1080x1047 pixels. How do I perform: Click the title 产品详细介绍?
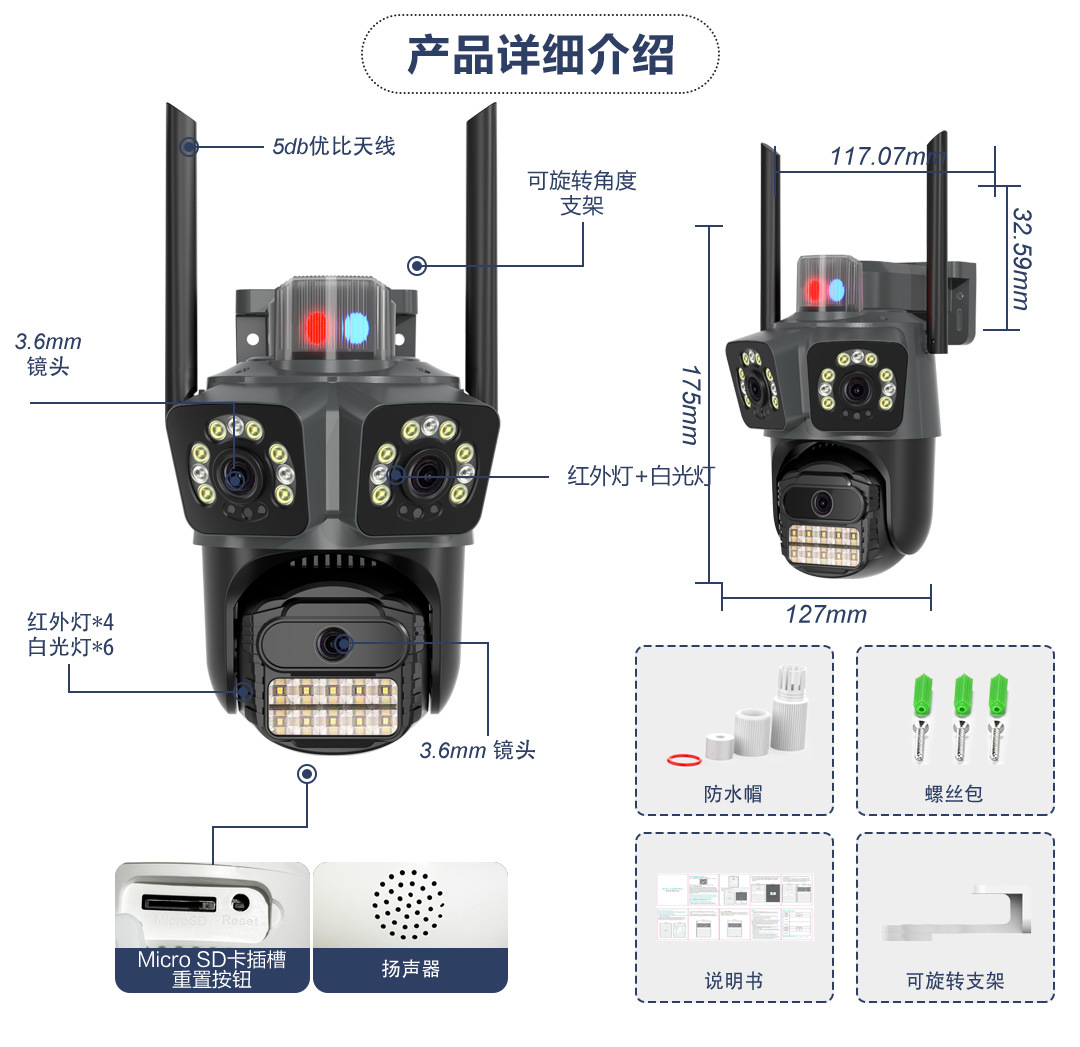click(x=540, y=54)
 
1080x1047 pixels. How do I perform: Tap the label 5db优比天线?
click(x=334, y=146)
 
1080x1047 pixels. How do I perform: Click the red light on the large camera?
click(x=316, y=327)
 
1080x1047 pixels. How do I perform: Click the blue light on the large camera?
click(x=355, y=327)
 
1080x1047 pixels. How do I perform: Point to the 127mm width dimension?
click(x=826, y=614)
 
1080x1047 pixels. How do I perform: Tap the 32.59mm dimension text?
click(x=1020, y=258)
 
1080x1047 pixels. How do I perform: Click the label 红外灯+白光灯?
click(x=641, y=475)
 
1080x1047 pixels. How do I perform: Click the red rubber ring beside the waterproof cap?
click(x=683, y=761)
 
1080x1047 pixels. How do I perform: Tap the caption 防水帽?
click(x=733, y=794)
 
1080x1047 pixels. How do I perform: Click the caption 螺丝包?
click(x=954, y=794)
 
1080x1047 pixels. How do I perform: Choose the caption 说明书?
click(x=733, y=981)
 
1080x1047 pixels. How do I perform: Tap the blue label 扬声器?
click(x=410, y=969)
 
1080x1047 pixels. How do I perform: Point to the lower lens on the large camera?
click(x=332, y=645)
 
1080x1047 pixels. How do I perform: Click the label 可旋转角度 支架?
click(x=582, y=193)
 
